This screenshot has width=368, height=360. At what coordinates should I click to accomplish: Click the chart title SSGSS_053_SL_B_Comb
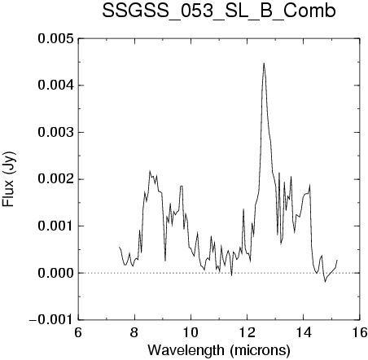pyautogui.click(x=219, y=11)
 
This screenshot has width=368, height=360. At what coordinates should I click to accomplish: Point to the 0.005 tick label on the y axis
pyautogui.click(x=55, y=38)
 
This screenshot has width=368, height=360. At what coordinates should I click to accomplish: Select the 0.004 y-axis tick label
pyautogui.click(x=55, y=86)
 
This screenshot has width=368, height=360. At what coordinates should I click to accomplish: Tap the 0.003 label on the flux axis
pyautogui.click(x=55, y=132)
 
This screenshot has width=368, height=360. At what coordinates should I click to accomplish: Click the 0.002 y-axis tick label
pyautogui.click(x=55, y=179)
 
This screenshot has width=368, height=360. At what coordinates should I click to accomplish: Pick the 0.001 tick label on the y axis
pyautogui.click(x=55, y=226)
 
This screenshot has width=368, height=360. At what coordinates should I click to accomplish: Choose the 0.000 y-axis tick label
pyautogui.click(x=55, y=273)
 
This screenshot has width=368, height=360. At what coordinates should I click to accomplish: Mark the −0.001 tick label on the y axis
pyautogui.click(x=51, y=320)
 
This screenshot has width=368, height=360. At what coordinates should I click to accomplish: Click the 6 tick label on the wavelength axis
pyautogui.click(x=78, y=332)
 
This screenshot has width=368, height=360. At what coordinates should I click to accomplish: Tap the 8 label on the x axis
pyautogui.click(x=134, y=332)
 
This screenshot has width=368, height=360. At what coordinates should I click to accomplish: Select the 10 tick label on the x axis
pyautogui.click(x=191, y=332)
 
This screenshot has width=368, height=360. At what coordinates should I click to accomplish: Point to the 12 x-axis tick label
pyautogui.click(x=248, y=332)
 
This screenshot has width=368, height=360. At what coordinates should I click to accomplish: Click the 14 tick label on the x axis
pyautogui.click(x=304, y=332)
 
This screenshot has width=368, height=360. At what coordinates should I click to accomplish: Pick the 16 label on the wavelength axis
pyautogui.click(x=360, y=332)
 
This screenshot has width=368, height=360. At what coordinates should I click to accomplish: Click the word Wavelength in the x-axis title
pyautogui.click(x=186, y=351)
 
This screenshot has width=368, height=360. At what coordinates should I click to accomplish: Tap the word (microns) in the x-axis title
pyautogui.click(x=260, y=351)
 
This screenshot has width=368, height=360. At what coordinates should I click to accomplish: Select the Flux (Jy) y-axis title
pyautogui.click(x=9, y=179)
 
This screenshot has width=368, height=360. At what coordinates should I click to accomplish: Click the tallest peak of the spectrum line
pyautogui.click(x=264, y=64)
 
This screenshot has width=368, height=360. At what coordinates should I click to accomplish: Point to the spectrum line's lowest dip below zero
pyautogui.click(x=325, y=282)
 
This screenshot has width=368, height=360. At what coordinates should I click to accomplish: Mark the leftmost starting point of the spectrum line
pyautogui.click(x=119, y=247)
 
